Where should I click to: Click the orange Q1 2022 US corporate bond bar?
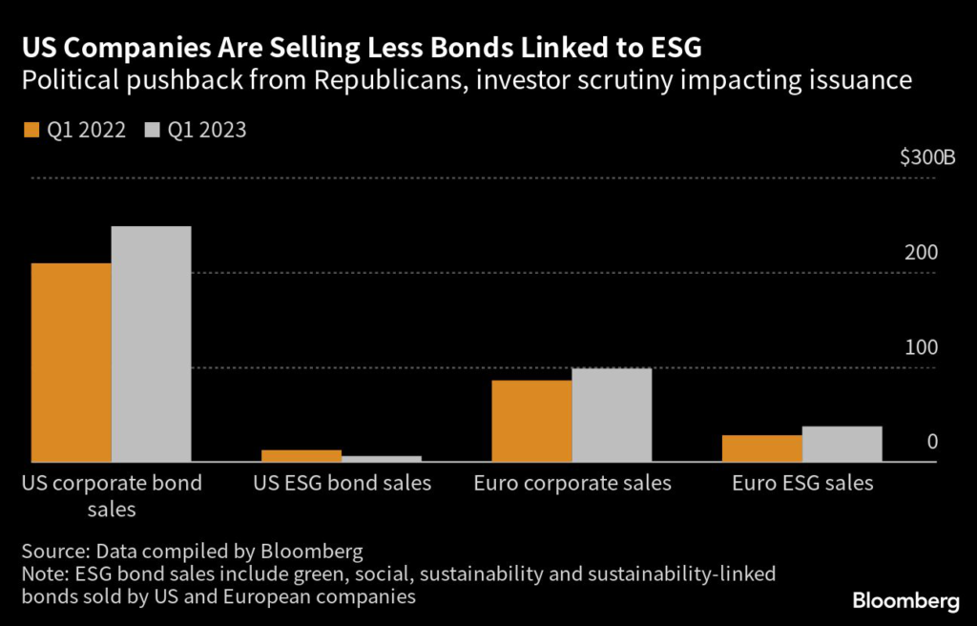(72, 363)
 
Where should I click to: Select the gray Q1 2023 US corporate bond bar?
(151, 344)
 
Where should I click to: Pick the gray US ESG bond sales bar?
(382, 459)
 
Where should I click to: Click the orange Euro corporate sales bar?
(532, 421)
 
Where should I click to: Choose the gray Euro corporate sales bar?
(612, 415)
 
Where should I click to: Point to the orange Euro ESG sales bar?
(762, 449)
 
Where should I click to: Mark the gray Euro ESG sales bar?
(842, 444)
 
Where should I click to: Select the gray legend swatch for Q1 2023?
(152, 130)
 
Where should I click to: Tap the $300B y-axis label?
(926, 158)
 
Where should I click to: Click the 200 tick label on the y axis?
(922, 254)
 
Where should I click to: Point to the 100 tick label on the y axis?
(922, 348)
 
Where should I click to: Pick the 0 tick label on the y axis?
(932, 443)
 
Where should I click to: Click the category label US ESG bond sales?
(342, 484)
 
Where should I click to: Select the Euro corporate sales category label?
(572, 484)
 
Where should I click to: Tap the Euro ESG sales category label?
(802, 484)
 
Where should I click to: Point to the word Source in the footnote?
(51, 553)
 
